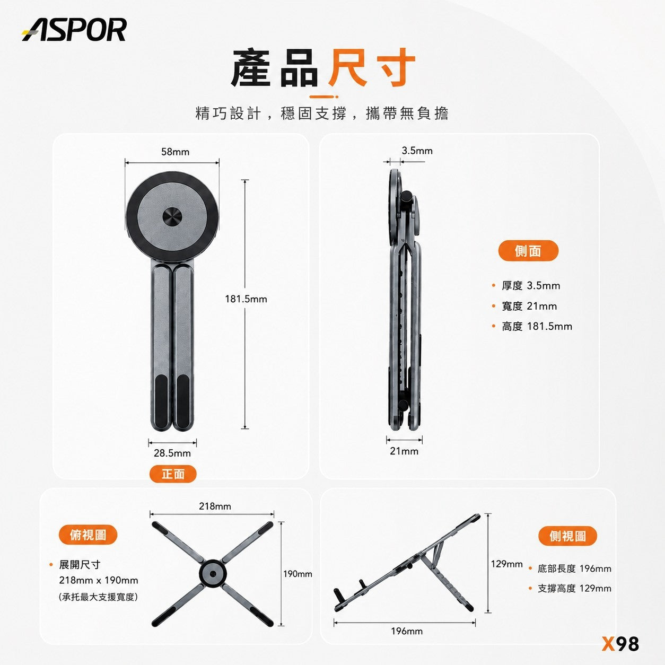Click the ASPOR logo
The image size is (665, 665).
74,30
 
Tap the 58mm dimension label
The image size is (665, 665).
176,152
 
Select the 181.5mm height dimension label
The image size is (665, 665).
246,299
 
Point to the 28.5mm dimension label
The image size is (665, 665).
172,453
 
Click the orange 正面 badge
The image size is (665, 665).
173,474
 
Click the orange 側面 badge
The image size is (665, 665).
528,251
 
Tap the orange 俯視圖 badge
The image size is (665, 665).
88,535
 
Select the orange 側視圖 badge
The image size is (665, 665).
567,536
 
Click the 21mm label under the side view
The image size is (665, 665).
404,451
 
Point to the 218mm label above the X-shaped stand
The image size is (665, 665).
215,506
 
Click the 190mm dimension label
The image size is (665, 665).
297,574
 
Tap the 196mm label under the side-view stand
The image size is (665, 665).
407,631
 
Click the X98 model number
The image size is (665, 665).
620,644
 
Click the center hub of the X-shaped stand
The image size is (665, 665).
213,574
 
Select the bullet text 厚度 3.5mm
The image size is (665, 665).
531,286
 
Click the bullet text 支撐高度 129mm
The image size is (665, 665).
575,589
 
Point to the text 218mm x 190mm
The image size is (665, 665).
99,580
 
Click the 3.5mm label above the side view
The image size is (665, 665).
417,151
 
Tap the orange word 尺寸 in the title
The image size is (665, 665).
371,67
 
